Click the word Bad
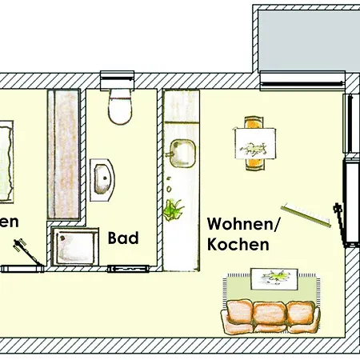click(x=123, y=238)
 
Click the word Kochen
click(x=238, y=245)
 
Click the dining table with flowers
click(x=257, y=144)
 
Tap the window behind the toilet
click(x=119, y=79)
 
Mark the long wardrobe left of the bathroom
click(x=64, y=153)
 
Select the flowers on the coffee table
click(x=275, y=276)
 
